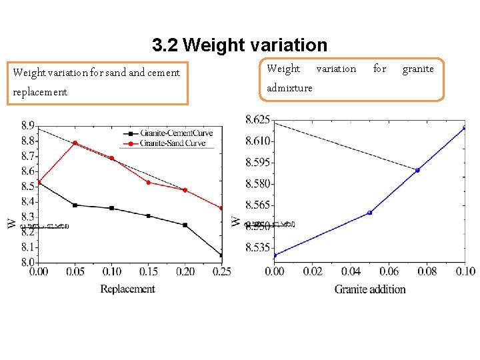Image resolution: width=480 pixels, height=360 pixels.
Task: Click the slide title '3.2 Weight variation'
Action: click(x=239, y=45)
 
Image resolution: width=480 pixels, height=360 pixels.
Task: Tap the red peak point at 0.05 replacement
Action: click(x=75, y=143)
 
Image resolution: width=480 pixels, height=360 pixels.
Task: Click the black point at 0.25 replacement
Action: click(x=221, y=255)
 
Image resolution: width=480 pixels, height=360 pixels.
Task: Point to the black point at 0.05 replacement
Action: click(x=75, y=205)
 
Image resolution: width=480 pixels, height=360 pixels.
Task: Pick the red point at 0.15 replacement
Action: click(x=148, y=183)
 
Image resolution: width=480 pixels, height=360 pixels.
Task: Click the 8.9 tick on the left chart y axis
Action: click(x=28, y=125)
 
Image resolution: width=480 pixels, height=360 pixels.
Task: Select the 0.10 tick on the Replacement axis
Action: click(x=111, y=272)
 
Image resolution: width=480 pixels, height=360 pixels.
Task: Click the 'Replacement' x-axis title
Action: click(x=127, y=289)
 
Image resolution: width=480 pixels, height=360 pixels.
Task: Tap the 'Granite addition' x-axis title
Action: click(x=370, y=289)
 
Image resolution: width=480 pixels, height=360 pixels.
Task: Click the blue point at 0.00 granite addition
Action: click(x=275, y=255)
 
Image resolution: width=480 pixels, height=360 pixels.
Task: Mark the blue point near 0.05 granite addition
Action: click(x=369, y=213)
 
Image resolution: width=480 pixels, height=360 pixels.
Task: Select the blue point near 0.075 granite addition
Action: click(x=417, y=170)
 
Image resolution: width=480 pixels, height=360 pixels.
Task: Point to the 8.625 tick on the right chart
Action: click(x=257, y=119)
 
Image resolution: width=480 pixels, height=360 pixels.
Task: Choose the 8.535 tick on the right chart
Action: click(x=257, y=248)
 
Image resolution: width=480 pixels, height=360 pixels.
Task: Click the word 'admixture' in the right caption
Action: click(x=289, y=88)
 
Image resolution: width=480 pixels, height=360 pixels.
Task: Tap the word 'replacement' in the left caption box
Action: click(x=40, y=92)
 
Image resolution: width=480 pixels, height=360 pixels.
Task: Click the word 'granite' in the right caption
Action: click(x=418, y=69)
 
